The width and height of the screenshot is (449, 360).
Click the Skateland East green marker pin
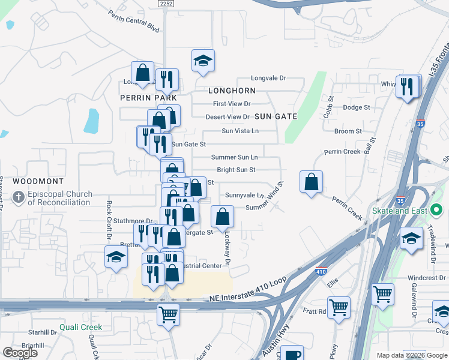(437, 211)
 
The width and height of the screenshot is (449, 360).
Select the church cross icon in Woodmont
(19, 197)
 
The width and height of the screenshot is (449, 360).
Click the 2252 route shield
(167, 4)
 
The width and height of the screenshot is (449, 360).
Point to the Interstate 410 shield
(322, 271)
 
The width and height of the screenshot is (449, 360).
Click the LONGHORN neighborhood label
(232, 91)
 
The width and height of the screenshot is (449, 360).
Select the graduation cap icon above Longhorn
(203, 61)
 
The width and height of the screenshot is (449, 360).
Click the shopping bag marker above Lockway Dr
(223, 217)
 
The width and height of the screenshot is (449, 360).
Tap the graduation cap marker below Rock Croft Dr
(116, 259)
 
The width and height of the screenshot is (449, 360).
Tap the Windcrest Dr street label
(424, 278)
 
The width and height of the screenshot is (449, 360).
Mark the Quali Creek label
(80, 328)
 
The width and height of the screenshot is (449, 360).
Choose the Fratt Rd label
(314, 311)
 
